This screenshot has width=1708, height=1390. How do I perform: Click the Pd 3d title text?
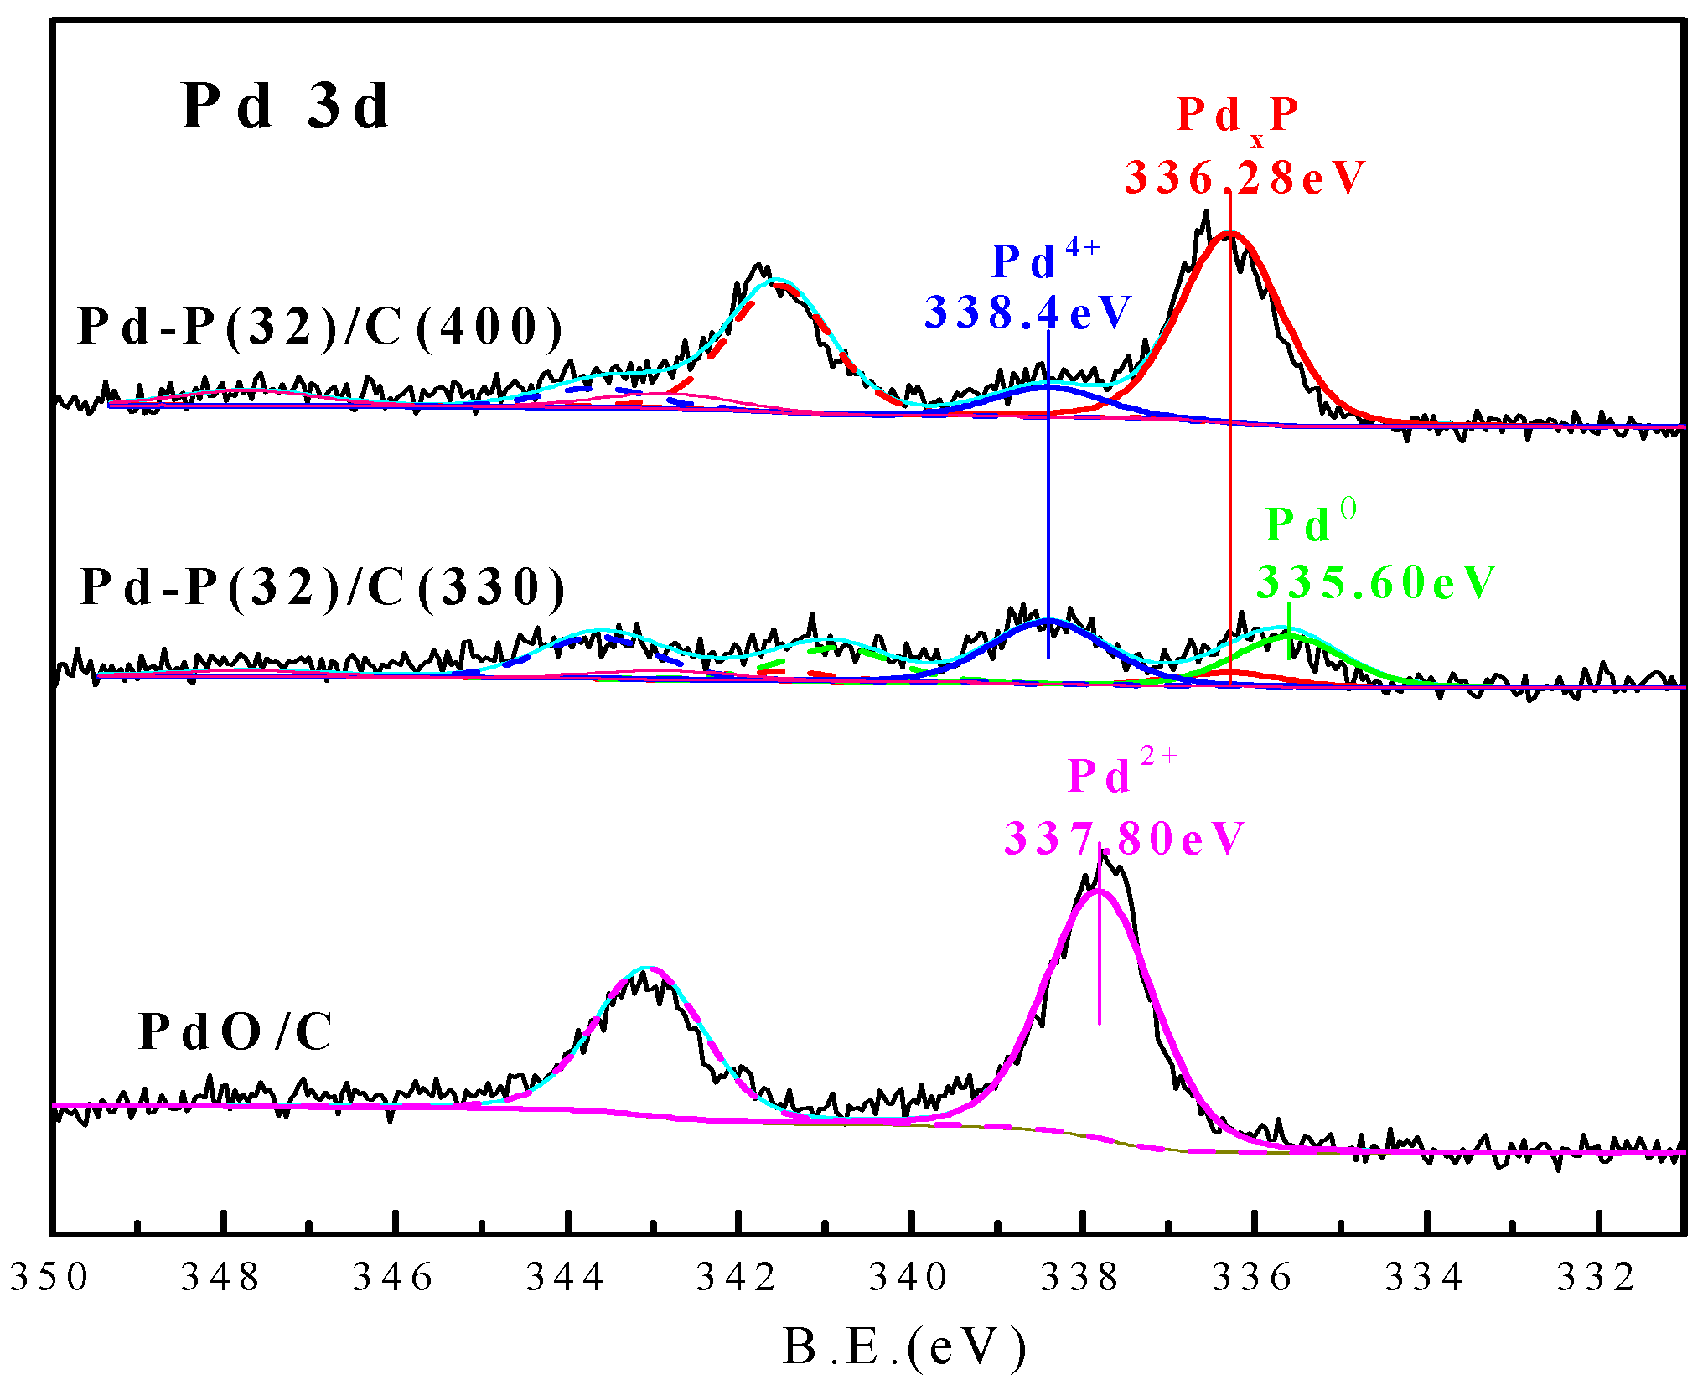[285, 107]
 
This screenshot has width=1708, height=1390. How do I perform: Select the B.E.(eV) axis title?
[903, 1347]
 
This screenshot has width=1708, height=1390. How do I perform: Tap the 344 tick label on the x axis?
[565, 1277]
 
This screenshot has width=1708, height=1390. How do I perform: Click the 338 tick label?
[1080, 1277]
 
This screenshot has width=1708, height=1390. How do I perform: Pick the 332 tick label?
[1597, 1277]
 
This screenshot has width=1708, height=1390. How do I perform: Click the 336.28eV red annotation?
[1245, 178]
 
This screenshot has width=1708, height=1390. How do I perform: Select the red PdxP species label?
[1237, 117]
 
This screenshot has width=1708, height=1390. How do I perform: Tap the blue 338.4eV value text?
[1028, 313]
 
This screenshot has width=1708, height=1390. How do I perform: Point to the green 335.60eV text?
[1375, 582]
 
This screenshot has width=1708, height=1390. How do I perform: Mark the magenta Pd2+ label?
[1121, 773]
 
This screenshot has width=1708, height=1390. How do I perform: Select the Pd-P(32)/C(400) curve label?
[320, 327]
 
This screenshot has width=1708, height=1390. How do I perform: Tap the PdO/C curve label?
[235, 1031]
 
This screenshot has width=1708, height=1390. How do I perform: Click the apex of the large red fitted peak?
[1229, 235]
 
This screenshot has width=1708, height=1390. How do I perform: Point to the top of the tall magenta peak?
[1098, 891]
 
